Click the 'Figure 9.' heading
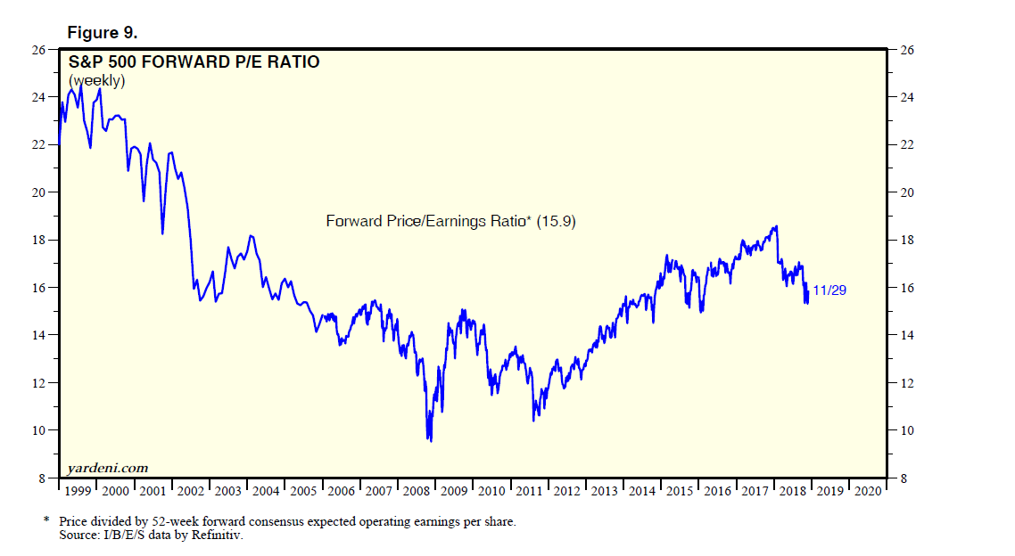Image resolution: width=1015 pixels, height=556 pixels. pos(103,33)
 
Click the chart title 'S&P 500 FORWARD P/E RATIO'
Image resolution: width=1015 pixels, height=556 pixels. pos(194,62)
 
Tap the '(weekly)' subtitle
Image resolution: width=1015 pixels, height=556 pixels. pos(97,80)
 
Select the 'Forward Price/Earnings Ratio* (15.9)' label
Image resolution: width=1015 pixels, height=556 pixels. pos(451,221)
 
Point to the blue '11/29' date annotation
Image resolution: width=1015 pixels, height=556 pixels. pos(829,290)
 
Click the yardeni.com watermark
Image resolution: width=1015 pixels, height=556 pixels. pos(107,468)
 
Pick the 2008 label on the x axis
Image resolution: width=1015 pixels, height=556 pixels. pos(417,490)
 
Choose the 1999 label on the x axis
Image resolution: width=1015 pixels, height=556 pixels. pos(78,490)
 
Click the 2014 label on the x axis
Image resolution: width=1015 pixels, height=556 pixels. pos(642,490)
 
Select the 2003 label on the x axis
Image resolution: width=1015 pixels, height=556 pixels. pos(228,490)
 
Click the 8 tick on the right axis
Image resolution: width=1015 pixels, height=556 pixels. pos(904,478)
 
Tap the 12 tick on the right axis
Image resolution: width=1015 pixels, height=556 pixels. pos(906,383)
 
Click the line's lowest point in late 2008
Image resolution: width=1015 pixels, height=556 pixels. pos(431,440)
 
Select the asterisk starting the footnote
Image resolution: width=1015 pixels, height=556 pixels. pos(46,520)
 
